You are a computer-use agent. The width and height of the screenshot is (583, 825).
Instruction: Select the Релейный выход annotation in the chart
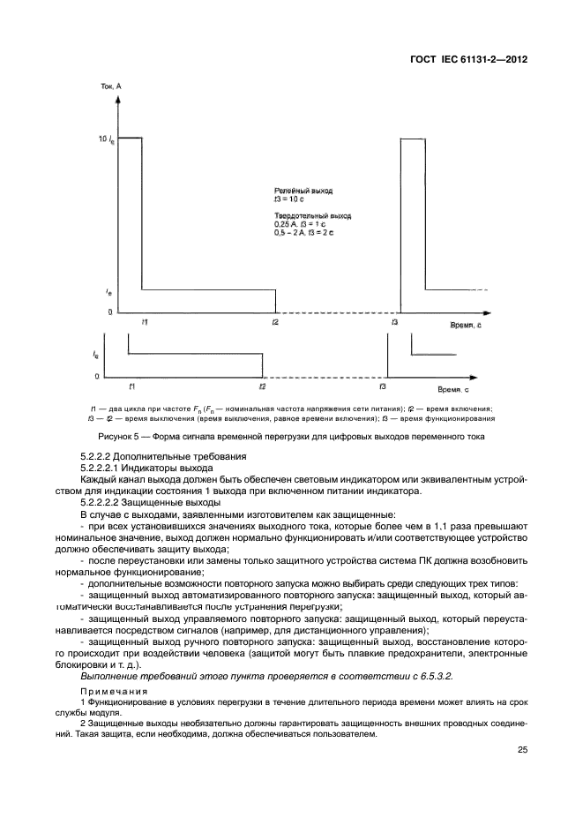coord(303,191)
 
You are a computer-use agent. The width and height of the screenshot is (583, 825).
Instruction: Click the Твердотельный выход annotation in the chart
coord(311,215)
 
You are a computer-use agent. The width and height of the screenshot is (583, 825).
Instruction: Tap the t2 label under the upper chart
coord(275,323)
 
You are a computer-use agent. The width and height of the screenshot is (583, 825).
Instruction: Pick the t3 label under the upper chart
coord(394,323)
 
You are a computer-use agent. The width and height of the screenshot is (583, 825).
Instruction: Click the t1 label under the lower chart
coord(131,386)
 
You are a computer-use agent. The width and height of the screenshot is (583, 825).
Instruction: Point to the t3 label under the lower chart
coord(382,386)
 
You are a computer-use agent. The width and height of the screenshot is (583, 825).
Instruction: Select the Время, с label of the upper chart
coord(458,324)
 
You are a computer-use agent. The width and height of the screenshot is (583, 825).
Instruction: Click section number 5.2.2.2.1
coord(106,468)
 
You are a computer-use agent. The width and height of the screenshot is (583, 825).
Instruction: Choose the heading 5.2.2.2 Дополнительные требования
coord(163,456)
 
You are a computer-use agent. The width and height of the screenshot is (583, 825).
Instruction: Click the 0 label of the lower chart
coord(98,377)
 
